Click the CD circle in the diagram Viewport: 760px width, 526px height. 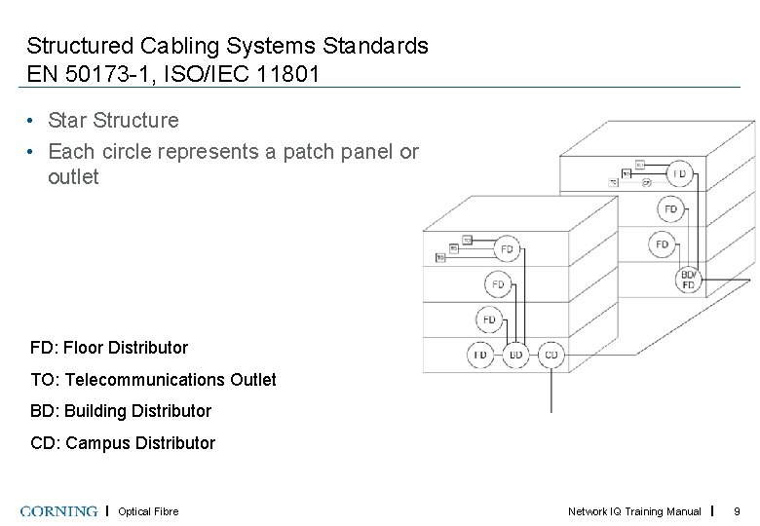(x=551, y=355)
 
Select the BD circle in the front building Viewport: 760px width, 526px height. (x=516, y=355)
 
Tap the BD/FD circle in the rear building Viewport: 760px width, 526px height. (x=689, y=280)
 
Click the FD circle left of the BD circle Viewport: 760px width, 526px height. (x=480, y=355)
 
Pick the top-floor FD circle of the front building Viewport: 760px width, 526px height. (x=507, y=249)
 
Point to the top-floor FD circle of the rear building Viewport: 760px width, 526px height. (x=679, y=174)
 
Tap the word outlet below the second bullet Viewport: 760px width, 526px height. (x=73, y=177)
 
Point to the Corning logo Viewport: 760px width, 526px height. (x=58, y=511)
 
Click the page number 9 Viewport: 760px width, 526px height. (x=737, y=511)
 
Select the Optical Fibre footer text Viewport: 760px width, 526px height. (x=148, y=511)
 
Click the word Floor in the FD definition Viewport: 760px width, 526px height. (x=84, y=348)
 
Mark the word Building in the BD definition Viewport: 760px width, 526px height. (x=95, y=411)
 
